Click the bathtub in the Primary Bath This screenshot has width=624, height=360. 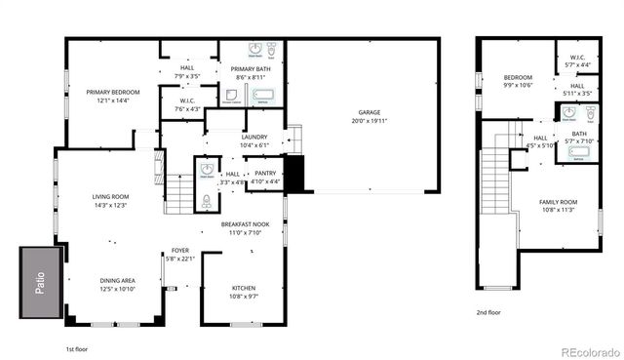point(264,96)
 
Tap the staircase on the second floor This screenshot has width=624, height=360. point(496,185)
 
